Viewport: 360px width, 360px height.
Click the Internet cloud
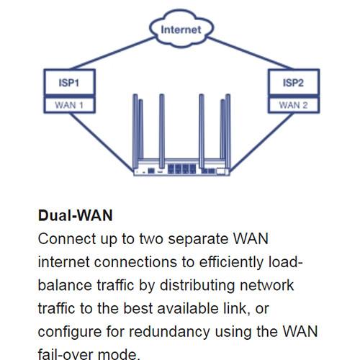pyautogui.click(x=181, y=31)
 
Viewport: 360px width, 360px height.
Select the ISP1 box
pyautogui.click(x=68, y=83)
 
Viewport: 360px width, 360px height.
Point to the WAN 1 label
pyautogui.click(x=68, y=104)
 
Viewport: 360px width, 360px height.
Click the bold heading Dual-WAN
pyautogui.click(x=75, y=215)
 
